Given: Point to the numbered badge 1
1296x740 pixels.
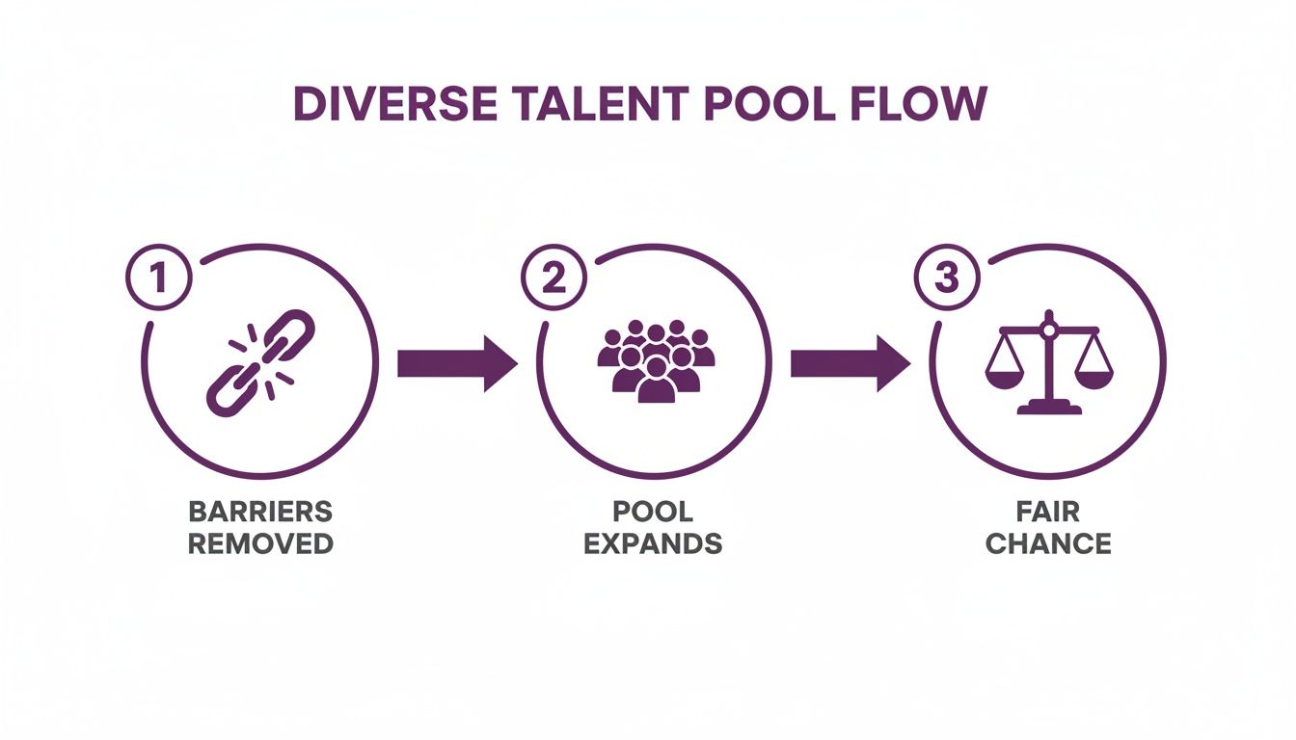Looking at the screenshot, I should [159, 277].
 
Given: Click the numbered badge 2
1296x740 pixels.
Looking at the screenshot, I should [553, 277].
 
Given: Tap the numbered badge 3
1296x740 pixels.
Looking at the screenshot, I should [947, 277].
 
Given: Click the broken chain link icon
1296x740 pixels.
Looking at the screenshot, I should [259, 362].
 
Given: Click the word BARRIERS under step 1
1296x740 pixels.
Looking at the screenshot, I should [259, 511].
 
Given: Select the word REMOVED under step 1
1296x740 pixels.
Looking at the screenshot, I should [259, 542].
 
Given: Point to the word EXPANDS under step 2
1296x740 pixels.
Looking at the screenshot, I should [653, 542].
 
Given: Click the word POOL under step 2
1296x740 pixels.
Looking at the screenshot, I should [653, 511].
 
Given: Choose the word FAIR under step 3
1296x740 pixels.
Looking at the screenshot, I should [1048, 511].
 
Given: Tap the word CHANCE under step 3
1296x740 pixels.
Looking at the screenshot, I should [1048, 542].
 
